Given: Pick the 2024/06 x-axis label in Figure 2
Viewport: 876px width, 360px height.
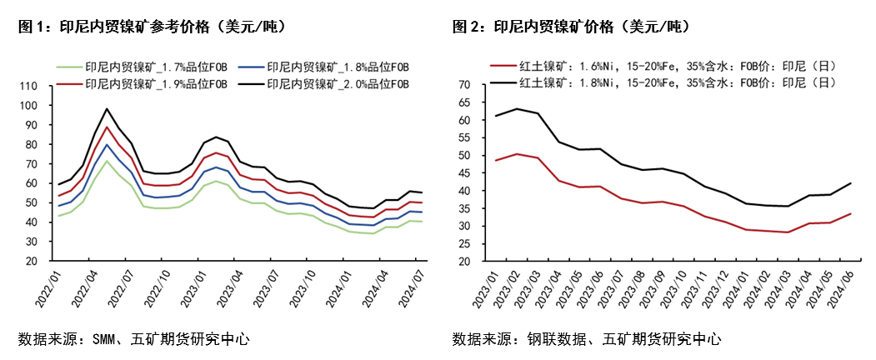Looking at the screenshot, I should tap(843, 285).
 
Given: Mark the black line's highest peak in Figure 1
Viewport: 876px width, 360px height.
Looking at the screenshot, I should tap(107, 109).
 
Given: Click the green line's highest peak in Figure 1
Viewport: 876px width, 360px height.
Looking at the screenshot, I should tap(107, 161).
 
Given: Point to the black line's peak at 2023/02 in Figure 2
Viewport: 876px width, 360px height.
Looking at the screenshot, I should tap(517, 109).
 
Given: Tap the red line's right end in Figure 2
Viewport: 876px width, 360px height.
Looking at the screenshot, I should tap(851, 213).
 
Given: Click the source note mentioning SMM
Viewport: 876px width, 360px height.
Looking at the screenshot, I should tap(133, 339).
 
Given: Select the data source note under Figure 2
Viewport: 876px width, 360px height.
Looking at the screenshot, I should tap(587, 339).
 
